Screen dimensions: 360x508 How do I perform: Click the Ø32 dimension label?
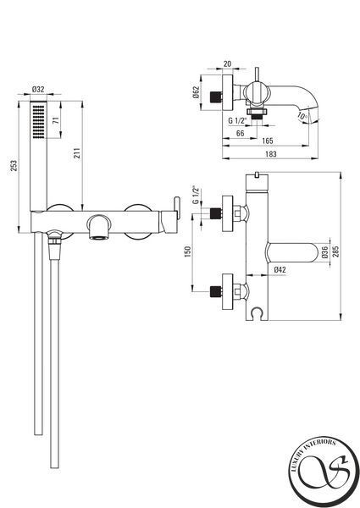(38, 89)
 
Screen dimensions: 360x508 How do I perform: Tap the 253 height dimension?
(14, 166)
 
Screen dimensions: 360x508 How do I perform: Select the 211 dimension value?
(77, 153)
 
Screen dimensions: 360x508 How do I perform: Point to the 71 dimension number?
(56, 120)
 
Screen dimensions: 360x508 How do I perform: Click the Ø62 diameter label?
(195, 92)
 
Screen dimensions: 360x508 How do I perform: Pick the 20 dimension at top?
(228, 63)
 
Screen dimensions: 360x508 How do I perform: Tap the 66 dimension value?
(240, 133)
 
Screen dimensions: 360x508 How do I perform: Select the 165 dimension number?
(268, 141)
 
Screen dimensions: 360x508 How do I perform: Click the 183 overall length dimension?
(271, 154)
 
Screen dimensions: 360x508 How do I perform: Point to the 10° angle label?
(302, 117)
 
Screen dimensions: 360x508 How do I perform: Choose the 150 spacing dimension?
(187, 251)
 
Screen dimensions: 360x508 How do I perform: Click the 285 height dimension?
(335, 251)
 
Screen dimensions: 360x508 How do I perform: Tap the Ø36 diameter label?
(325, 251)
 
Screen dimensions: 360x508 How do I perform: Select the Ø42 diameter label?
(280, 269)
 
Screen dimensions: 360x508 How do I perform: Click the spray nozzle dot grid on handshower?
(39, 121)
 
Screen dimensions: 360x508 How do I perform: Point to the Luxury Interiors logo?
(324, 472)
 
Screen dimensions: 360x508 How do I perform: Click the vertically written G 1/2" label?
(196, 195)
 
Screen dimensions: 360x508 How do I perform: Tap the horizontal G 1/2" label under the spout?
(237, 120)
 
